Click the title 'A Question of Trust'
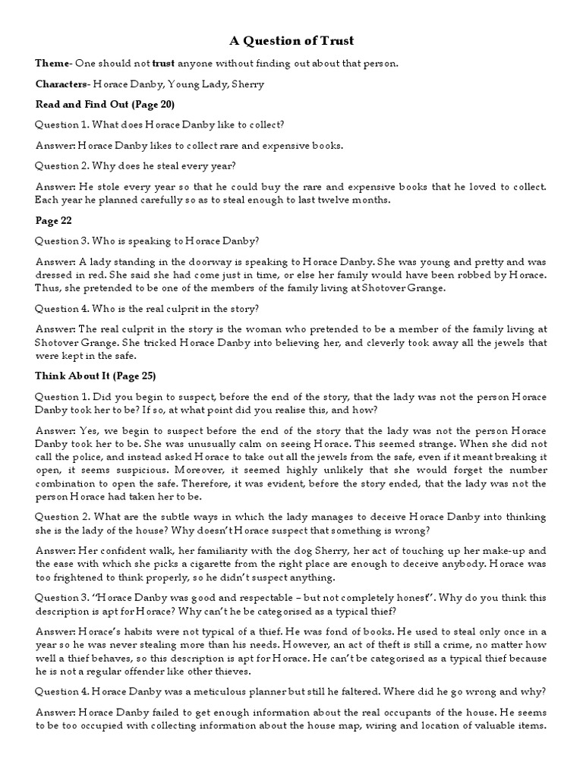point(291,40)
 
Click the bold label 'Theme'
point(50,63)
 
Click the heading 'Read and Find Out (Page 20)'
point(106,103)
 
